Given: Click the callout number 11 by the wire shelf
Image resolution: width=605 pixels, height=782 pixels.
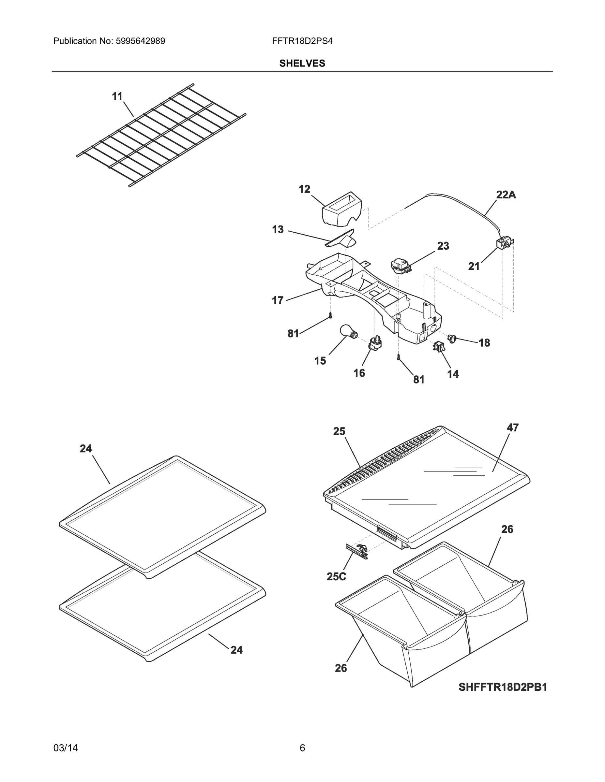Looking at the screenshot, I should [117, 96].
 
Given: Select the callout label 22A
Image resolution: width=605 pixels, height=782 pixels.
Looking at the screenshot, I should [506, 195].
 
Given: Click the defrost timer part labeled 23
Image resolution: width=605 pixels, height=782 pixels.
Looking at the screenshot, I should [400, 266].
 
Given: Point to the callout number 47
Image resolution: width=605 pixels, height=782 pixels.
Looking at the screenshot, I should [512, 427].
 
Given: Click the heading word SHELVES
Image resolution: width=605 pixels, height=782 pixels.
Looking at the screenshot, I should [302, 64].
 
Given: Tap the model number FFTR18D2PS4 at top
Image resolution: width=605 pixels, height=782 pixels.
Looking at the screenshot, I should [302, 41].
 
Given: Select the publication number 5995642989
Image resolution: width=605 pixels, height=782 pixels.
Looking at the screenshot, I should [140, 41].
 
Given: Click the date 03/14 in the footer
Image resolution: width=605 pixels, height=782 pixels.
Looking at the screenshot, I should [66, 748].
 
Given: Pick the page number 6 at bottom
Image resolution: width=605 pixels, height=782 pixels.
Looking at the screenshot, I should [302, 748].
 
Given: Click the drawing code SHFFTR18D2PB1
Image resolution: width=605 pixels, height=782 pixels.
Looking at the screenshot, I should [503, 687].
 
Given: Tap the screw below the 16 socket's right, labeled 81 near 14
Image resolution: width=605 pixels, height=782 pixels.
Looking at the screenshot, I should [398, 357].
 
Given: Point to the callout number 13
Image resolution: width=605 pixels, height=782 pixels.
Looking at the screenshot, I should [278, 229].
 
